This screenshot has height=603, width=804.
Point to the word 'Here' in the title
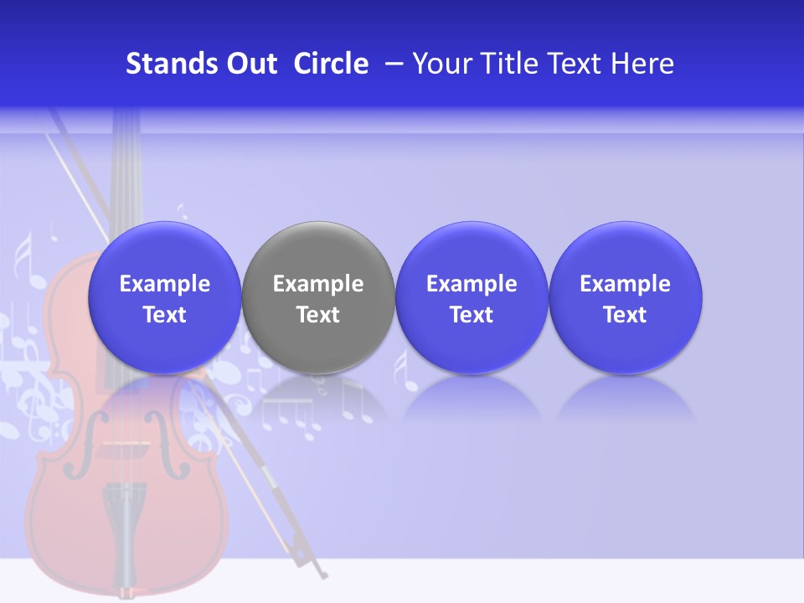click(642, 64)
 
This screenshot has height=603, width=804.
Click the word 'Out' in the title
click(250, 64)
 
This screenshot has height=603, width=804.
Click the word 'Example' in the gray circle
click(318, 284)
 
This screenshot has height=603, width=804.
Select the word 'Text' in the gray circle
click(318, 315)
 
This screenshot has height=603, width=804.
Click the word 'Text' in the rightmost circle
click(625, 315)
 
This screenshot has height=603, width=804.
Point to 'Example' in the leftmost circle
click(164, 284)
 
